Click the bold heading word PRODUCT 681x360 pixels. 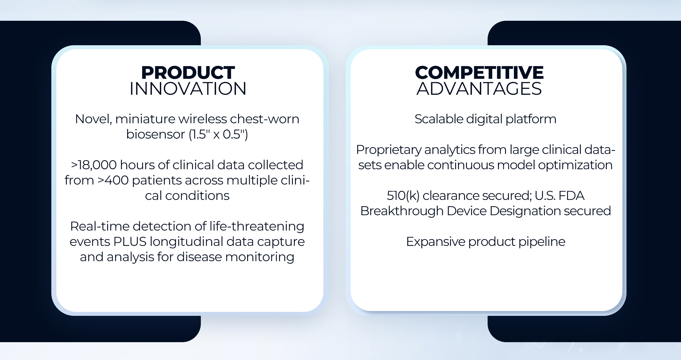point(188,73)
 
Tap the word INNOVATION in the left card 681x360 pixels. point(188,89)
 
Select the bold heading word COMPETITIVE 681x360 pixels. point(479,73)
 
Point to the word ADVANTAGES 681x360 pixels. point(479,89)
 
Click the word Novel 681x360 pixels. point(93,119)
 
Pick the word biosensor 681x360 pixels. point(156,134)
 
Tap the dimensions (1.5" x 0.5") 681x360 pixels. point(218,134)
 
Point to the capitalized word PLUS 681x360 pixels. point(130,242)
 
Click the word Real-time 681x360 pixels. point(100,226)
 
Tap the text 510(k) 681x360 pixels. point(403,196)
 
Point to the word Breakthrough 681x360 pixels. point(402,211)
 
